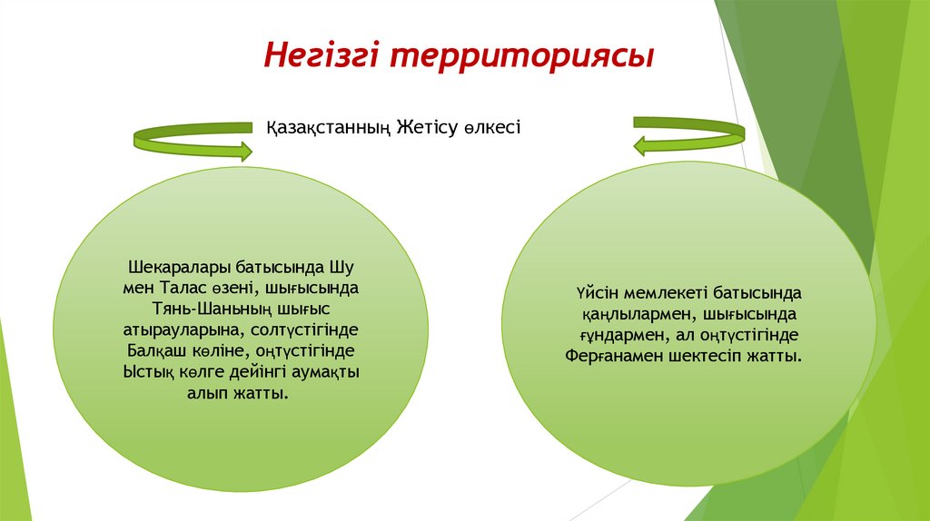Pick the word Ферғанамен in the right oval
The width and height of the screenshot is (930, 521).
(608, 358)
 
